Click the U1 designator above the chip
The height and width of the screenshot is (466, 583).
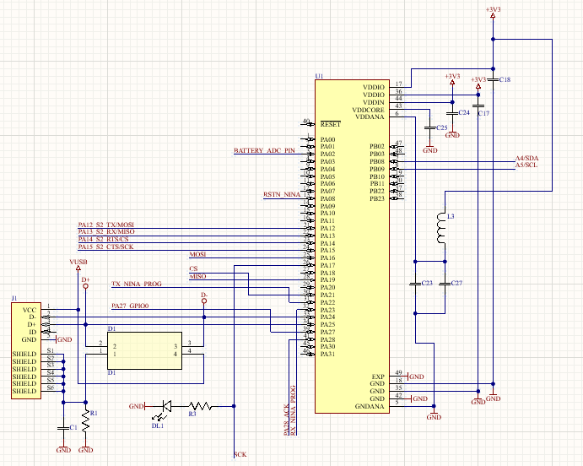click(x=319, y=77)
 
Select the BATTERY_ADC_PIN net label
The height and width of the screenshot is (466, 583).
click(x=264, y=151)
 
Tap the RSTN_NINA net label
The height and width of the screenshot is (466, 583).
click(x=282, y=195)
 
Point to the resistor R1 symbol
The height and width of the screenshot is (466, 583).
click(x=85, y=419)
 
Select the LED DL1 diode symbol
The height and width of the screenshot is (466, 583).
click(x=166, y=406)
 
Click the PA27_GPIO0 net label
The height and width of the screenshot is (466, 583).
click(x=130, y=305)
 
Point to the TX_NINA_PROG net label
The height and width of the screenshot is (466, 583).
click(x=136, y=284)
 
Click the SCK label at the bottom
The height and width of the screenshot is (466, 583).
click(x=240, y=455)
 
